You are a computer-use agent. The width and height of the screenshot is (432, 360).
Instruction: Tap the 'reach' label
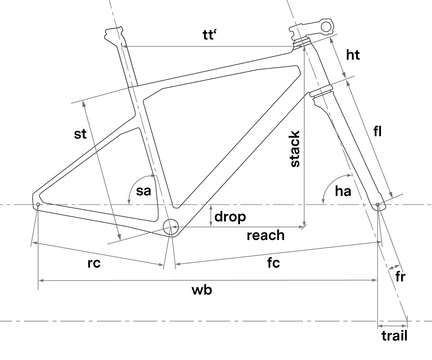265,235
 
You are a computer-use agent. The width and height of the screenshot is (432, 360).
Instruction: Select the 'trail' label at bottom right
394,336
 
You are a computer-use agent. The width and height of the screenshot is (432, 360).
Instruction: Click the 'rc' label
94,263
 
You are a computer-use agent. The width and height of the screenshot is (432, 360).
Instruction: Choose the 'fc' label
274,263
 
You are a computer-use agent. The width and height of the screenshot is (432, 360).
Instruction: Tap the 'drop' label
230,216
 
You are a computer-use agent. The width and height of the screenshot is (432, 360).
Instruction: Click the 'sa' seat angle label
143,191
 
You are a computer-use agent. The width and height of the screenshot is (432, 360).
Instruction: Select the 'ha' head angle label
343,191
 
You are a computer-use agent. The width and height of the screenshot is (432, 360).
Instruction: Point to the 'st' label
80,134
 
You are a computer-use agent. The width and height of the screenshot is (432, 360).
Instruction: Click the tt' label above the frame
210,35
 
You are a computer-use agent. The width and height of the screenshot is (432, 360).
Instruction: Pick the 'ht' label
353,55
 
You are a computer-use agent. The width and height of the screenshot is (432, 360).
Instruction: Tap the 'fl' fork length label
378,131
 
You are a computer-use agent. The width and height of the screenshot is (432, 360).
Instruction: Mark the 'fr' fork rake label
400,277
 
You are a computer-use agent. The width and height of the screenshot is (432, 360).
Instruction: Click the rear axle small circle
38,205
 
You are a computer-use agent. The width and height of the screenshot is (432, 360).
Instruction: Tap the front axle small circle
377,205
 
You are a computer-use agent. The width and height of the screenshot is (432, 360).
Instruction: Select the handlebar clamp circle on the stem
326,26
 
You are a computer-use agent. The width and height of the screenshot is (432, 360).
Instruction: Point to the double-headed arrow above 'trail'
392,326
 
